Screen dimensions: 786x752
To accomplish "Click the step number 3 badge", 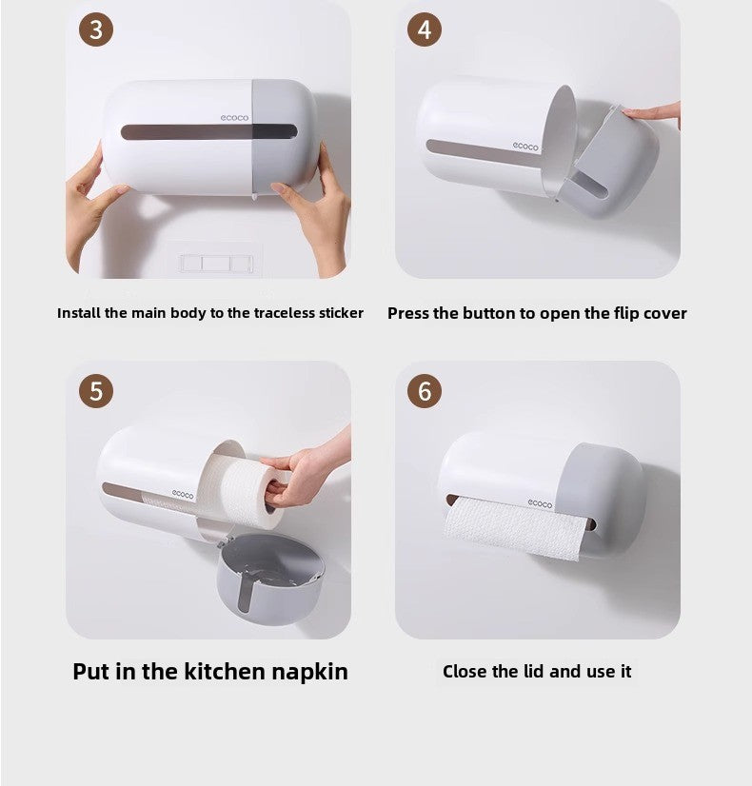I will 95,29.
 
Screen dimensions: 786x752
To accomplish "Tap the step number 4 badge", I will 425,29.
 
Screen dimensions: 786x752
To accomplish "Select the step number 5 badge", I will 95,390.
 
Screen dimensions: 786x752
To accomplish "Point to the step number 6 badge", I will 425,390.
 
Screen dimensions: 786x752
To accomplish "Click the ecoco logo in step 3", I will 234,117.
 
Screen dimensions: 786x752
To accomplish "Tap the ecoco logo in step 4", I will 525,147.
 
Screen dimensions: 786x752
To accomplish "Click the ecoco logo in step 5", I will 182,493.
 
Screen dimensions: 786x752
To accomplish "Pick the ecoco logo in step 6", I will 541,502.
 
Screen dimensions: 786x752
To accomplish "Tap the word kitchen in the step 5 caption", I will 221,671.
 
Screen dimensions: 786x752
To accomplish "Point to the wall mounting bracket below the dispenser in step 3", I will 213,262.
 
